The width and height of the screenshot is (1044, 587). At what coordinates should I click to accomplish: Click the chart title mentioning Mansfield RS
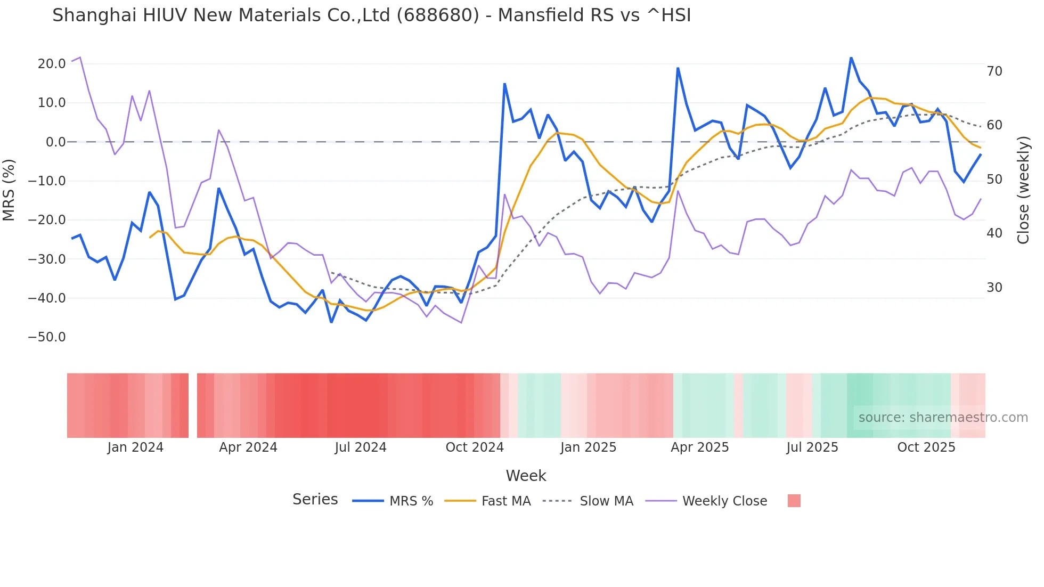pyautogui.click(x=371, y=15)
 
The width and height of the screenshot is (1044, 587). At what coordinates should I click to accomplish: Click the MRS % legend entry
pyautogui.click(x=411, y=501)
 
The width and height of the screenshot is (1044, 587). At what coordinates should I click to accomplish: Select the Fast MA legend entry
pyautogui.click(x=505, y=501)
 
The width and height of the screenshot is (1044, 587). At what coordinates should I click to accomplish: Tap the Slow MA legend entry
pyautogui.click(x=606, y=501)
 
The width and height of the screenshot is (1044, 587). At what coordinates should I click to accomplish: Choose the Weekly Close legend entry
pyautogui.click(x=724, y=501)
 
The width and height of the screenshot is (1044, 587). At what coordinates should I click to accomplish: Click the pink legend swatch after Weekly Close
pyautogui.click(x=794, y=501)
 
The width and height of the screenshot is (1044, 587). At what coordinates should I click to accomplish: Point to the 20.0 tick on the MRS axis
pyautogui.click(x=52, y=64)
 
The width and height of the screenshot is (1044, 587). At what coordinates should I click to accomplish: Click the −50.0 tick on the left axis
pyautogui.click(x=47, y=337)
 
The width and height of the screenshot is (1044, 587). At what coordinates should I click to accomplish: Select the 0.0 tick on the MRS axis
pyautogui.click(x=55, y=142)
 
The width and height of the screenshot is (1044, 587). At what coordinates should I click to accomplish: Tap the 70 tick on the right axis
pyautogui.click(x=994, y=71)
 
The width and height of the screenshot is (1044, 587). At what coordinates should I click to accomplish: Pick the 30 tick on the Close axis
pyautogui.click(x=994, y=288)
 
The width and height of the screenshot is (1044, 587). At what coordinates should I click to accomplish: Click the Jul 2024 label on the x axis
pyautogui.click(x=361, y=447)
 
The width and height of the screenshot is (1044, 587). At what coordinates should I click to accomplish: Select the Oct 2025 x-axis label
pyautogui.click(x=926, y=447)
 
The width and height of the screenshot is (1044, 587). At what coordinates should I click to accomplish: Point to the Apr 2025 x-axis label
pyautogui.click(x=699, y=447)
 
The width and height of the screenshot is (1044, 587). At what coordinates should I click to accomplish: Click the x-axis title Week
pyautogui.click(x=526, y=476)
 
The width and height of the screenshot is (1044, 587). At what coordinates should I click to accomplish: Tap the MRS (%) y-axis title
pyautogui.click(x=9, y=190)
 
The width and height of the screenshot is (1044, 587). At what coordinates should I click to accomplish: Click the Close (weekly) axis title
pyautogui.click(x=1023, y=190)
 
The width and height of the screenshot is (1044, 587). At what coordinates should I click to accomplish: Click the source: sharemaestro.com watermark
pyautogui.click(x=943, y=418)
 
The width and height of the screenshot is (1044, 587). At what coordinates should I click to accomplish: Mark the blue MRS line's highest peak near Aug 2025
pyautogui.click(x=851, y=58)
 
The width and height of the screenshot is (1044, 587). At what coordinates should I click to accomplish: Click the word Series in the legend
pyautogui.click(x=315, y=500)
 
